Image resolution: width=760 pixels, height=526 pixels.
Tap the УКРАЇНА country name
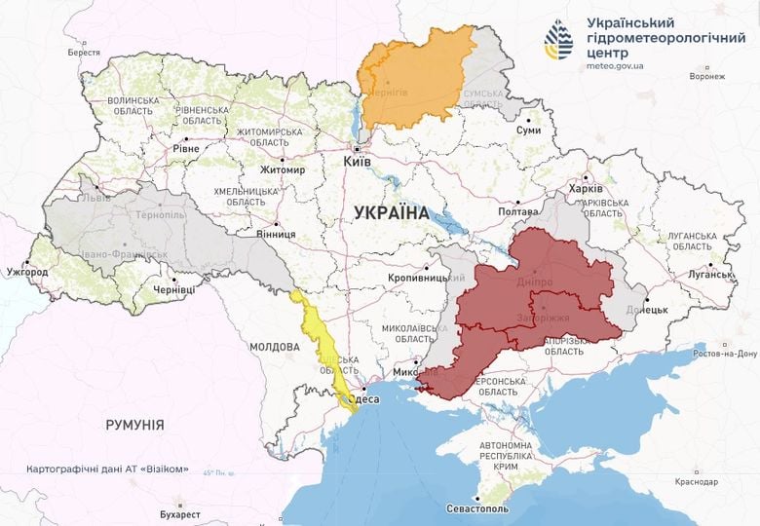click(x=391, y=210)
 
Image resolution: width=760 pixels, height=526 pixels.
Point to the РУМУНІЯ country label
click(x=134, y=425)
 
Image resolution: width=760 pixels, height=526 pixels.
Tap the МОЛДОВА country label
click(x=274, y=347)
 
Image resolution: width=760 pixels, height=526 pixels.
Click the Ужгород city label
click(x=26, y=272)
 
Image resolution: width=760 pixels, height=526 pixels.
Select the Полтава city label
click(x=517, y=211)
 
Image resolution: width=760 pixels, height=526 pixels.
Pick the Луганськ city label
click(x=708, y=275)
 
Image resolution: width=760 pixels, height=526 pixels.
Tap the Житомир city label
click(x=284, y=170)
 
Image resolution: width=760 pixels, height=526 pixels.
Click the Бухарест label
click(x=180, y=513)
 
